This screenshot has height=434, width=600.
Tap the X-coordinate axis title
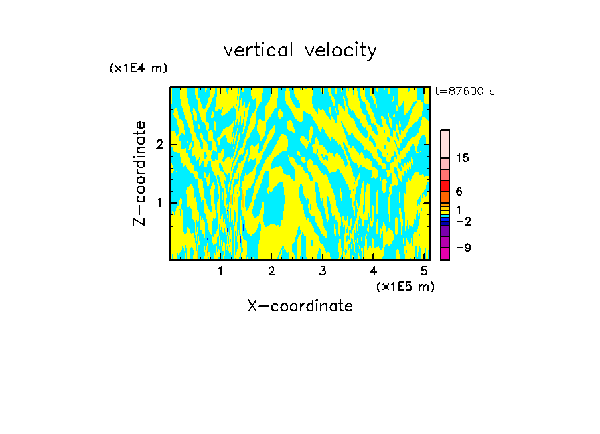300,306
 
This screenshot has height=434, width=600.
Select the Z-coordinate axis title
139,173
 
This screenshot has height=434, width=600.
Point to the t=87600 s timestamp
465,92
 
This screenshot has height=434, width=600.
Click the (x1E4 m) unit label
138,68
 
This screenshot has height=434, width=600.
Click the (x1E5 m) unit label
405,286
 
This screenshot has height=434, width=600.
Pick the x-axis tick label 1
220,271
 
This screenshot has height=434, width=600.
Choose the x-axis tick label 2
271,271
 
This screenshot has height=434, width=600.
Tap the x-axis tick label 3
322,271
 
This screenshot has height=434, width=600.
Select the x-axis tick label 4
373,271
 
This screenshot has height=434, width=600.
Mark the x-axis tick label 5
423,271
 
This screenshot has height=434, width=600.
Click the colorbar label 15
463,158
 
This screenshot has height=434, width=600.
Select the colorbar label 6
459,192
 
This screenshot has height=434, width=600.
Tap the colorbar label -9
463,248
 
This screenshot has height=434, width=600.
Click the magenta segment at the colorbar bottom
445,253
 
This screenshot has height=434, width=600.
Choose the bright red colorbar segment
445,186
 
